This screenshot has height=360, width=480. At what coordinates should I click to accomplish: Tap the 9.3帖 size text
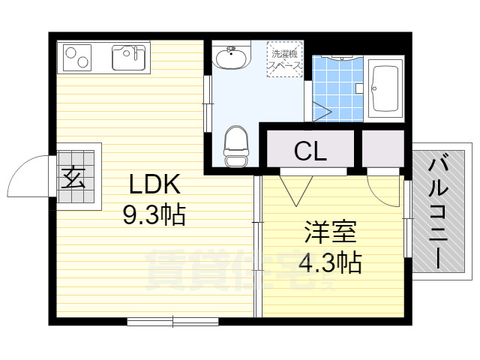(154, 217)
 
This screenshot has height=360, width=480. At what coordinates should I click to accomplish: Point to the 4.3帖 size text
(330, 263)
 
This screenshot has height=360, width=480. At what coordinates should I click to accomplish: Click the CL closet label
(310, 152)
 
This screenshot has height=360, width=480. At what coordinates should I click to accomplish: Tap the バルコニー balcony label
(437, 212)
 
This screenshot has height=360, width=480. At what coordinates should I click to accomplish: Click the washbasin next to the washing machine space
(232, 57)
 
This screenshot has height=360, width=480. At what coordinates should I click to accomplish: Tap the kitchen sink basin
(128, 57)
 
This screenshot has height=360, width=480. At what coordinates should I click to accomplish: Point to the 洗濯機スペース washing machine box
(284, 59)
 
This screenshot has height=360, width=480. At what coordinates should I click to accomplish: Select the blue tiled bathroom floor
(337, 90)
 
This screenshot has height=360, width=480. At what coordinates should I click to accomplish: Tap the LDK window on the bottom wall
(172, 321)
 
